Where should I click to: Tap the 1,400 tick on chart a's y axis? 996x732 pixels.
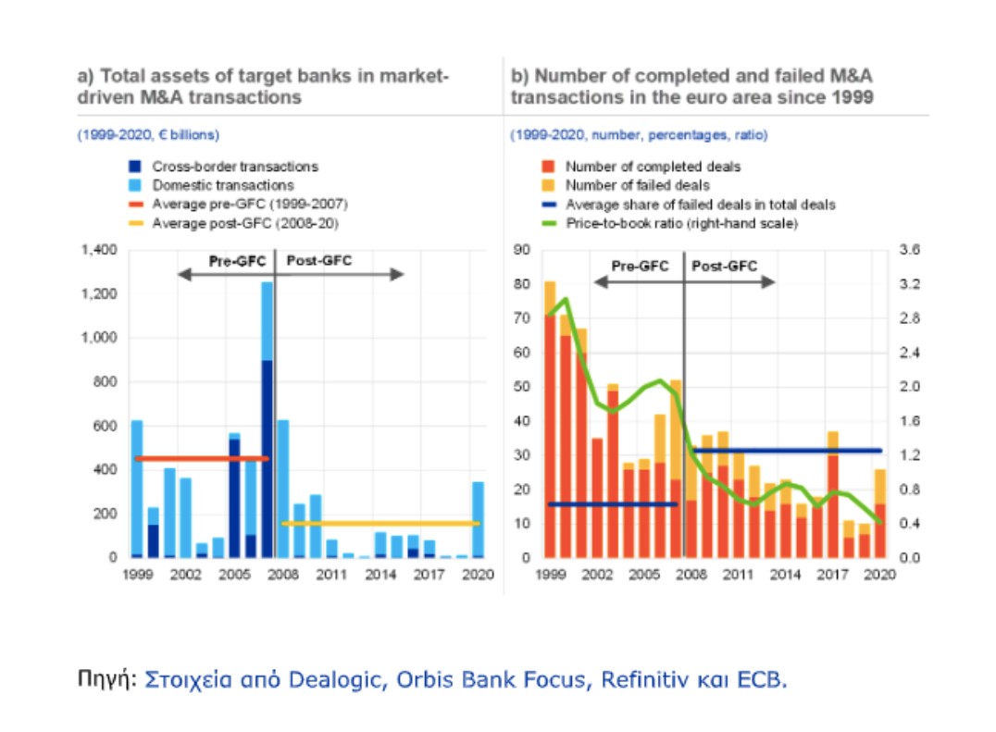tap(99, 250)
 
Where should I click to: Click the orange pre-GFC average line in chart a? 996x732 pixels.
tap(200, 458)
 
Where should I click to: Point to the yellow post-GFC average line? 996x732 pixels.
tap(380, 523)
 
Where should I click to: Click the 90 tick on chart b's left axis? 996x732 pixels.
tap(524, 250)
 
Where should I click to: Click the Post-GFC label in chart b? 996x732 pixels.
tap(725, 266)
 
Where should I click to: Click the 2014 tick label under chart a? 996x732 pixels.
tap(374, 575)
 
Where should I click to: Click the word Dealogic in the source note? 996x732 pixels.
tap(339, 680)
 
